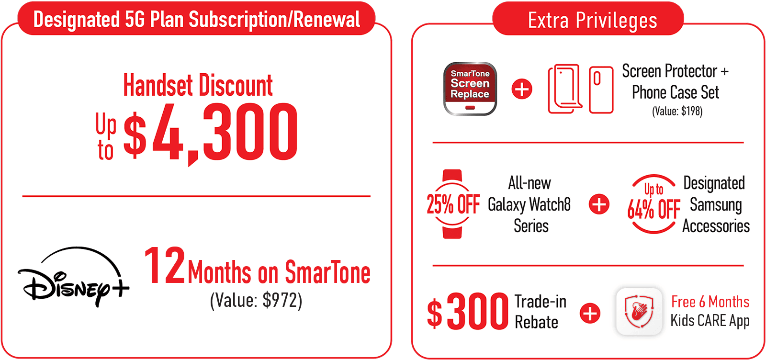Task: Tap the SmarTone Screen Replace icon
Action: (470, 89)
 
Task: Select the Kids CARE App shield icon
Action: (639, 312)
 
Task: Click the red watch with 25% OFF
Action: (452, 204)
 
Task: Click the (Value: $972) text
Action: (256, 301)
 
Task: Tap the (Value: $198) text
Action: (677, 111)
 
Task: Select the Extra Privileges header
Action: (592, 20)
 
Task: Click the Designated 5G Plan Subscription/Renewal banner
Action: (197, 19)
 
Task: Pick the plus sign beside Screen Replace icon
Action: (522, 89)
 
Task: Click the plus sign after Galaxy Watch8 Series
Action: (599, 204)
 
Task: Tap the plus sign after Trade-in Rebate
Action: (590, 313)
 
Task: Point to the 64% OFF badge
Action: (653, 204)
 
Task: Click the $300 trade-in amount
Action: (468, 311)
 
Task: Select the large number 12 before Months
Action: (165, 266)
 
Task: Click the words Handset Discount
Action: (198, 85)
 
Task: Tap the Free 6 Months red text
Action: (710, 302)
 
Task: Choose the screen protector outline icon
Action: (565, 89)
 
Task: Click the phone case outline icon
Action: (601, 90)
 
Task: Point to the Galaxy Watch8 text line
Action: (529, 205)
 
